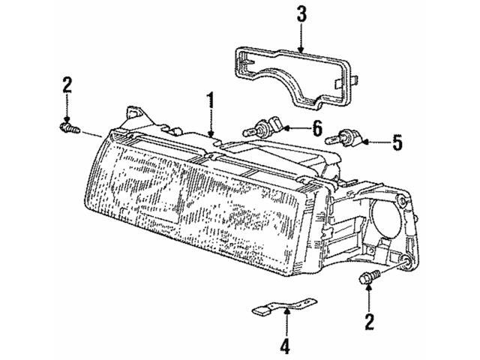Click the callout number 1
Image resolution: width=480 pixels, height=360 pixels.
(x=211, y=99)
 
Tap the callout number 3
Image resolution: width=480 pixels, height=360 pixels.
(x=301, y=13)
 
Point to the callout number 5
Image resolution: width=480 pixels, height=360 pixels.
(x=398, y=139)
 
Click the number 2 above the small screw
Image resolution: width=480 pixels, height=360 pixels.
(x=67, y=86)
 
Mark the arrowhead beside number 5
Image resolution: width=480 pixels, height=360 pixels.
(x=367, y=139)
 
